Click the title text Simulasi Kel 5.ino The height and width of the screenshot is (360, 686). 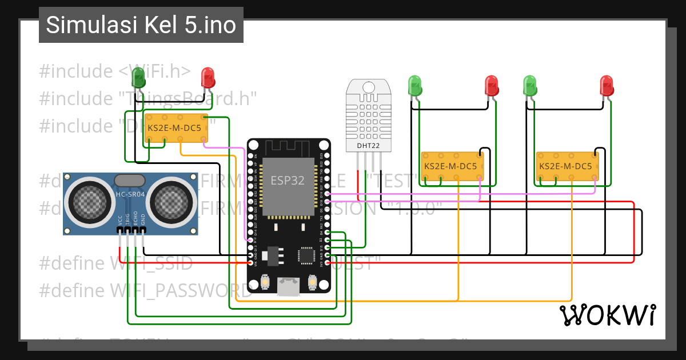click(141, 26)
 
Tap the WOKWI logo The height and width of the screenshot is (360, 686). click(607, 315)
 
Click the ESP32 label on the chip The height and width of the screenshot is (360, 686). click(288, 180)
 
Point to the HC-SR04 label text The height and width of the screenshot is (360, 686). click(130, 194)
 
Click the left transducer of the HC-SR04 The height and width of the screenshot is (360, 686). click(89, 201)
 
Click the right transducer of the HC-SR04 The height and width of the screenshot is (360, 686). click(172, 201)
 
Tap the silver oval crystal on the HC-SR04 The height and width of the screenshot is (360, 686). click(130, 181)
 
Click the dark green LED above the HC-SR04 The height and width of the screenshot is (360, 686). click(138, 77)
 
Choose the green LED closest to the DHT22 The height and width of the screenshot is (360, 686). click(415, 86)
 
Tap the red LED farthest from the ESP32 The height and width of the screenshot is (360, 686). click(607, 86)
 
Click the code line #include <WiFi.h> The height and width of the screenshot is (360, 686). click(115, 71)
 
